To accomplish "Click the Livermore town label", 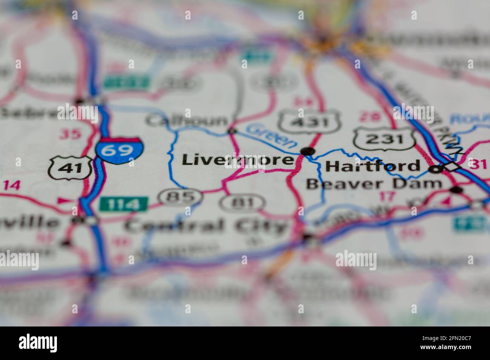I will (x=237, y=160).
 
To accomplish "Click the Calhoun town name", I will (x=187, y=121).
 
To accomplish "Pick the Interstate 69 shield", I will (x=119, y=150).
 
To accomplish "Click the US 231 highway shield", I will (x=385, y=139).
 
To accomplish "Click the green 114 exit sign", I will (x=123, y=204).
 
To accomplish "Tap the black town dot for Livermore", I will (x=308, y=151).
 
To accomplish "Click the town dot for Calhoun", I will (x=231, y=131).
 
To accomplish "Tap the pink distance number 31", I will (x=478, y=164).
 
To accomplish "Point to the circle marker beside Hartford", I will (x=436, y=170).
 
